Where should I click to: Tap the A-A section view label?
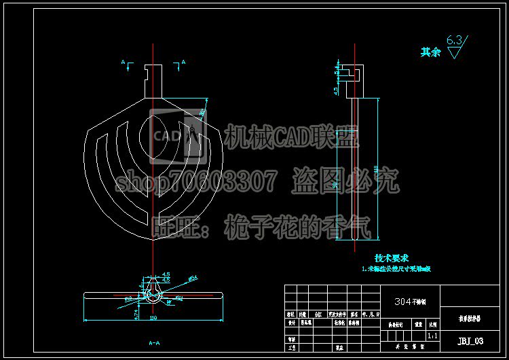point(154,344)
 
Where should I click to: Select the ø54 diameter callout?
point(193,278)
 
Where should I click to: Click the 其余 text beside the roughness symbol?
point(430,52)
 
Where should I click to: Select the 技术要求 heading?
point(392,258)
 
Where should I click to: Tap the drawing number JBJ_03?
point(470,341)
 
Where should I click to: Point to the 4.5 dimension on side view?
point(336,90)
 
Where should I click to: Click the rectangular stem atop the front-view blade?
point(155,80)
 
